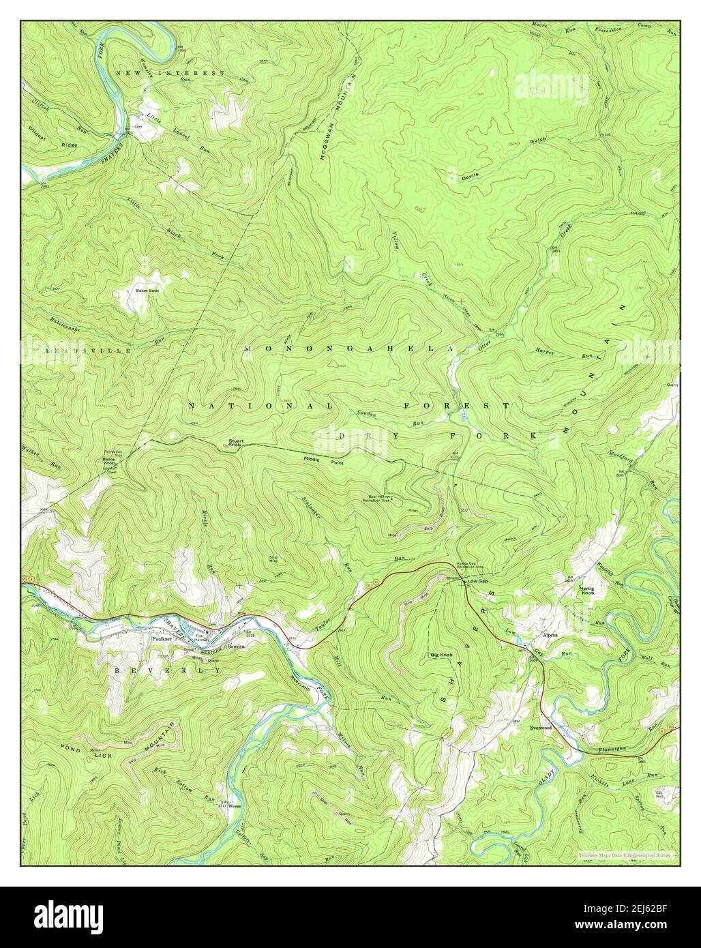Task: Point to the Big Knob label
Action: tap(441, 655)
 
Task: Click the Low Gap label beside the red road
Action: tap(477, 581)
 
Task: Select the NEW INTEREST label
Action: tap(170, 72)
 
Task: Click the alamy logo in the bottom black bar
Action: tap(61, 917)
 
